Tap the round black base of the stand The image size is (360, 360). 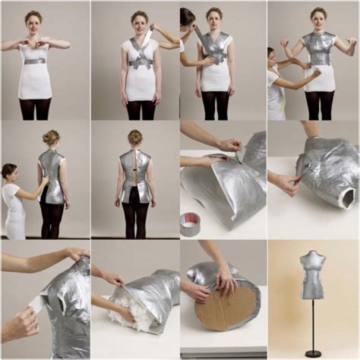313,353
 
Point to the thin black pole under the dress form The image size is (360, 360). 313,325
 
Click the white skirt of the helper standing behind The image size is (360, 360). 15,220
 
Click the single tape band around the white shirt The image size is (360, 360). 34,61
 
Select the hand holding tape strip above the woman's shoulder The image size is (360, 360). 158,26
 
